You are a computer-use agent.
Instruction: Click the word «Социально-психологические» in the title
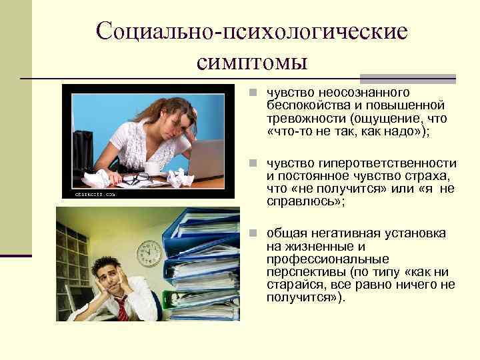pyautogui.click(x=251, y=31)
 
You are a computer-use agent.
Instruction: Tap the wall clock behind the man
pyautogui.click(x=149, y=253)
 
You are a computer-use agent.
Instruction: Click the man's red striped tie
pyautogui.click(x=123, y=309)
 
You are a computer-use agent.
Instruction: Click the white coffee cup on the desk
pyautogui.click(x=152, y=168)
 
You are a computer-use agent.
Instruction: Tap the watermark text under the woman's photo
pyautogui.click(x=89, y=194)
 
